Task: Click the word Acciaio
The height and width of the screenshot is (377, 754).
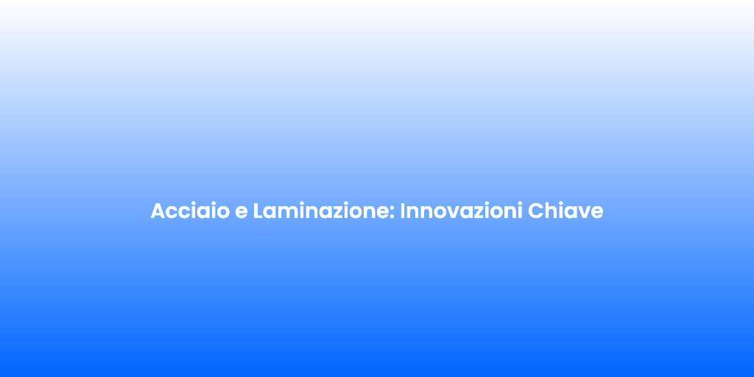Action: [x=190, y=211]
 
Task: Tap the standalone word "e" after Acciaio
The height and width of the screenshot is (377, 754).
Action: [x=241, y=213]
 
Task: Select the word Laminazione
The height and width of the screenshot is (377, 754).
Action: [x=323, y=211]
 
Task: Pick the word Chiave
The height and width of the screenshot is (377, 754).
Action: [x=565, y=211]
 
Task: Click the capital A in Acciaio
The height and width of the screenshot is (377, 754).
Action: [x=158, y=211]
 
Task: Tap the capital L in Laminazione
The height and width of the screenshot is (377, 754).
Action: [x=258, y=211]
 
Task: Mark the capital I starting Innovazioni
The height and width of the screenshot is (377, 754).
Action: [x=403, y=211]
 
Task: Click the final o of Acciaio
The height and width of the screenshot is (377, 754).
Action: [x=223, y=213]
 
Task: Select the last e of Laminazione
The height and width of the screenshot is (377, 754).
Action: [x=386, y=213]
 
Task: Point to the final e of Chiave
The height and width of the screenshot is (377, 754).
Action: [x=596, y=213]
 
